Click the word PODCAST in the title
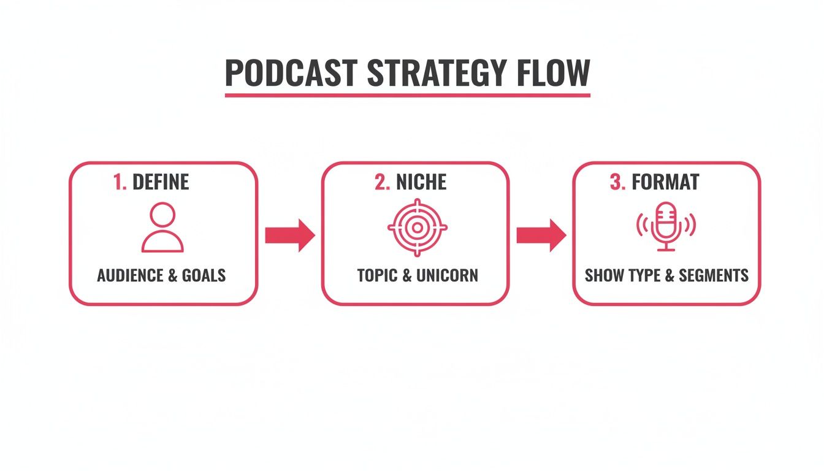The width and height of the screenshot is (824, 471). click(x=291, y=73)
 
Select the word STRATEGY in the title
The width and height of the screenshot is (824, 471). click(x=436, y=73)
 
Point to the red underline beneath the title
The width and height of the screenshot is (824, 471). click(x=407, y=95)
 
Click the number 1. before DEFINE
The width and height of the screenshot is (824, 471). click(x=120, y=182)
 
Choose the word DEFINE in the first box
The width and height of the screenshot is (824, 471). click(x=161, y=182)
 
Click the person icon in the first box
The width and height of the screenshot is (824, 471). click(x=162, y=228)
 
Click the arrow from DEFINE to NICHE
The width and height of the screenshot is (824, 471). click(x=289, y=235)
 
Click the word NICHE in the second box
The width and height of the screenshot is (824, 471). click(x=421, y=182)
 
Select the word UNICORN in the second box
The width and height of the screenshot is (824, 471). click(x=447, y=275)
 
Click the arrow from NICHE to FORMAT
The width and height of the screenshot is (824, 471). click(x=541, y=235)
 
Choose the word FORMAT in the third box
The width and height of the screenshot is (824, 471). click(x=665, y=182)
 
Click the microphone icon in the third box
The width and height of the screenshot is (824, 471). click(x=666, y=227)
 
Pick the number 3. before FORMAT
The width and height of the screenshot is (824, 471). click(x=617, y=182)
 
